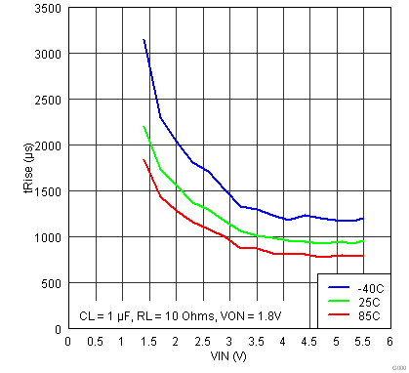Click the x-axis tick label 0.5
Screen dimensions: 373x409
[95, 342]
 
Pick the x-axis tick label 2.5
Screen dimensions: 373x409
[202, 342]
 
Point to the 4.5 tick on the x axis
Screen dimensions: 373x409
[309, 342]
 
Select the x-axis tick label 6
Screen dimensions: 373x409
[389, 342]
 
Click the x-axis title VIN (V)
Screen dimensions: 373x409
[228, 357]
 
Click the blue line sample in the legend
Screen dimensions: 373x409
[339, 288]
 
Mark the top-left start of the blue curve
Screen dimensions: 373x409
[143, 40]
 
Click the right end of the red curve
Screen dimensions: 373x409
[362, 256]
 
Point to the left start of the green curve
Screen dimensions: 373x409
[143, 127]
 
